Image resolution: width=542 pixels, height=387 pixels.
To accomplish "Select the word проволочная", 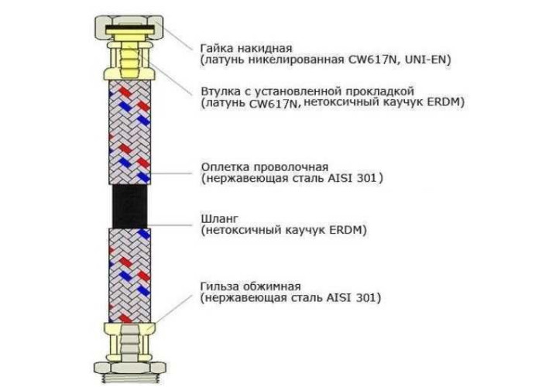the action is click(290, 167).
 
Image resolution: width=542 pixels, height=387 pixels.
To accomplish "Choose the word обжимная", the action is click(272, 286).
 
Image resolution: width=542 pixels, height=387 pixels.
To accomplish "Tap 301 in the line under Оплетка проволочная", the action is click(368, 179).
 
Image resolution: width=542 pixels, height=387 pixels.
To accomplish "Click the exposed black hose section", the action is click(129, 206).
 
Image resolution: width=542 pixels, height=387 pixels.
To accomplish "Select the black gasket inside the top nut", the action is click(130, 28).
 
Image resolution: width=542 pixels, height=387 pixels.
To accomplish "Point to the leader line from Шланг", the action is click(170, 225).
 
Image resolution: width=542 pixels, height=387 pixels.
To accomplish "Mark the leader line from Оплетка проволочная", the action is click(170, 173).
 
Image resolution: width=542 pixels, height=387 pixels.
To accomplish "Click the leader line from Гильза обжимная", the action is click(170, 313).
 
